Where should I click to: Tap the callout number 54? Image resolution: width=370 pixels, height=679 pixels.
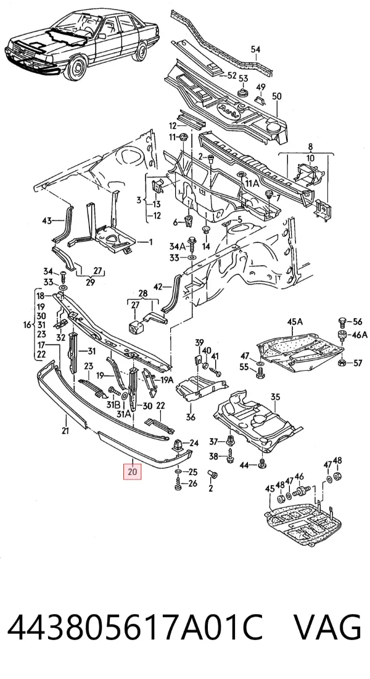[x=255, y=49]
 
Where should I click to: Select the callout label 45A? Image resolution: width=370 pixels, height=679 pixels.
[x=295, y=322]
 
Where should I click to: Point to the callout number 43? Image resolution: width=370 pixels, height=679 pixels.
[x=47, y=221]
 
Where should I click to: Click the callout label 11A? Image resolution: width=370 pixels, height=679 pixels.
[x=252, y=183]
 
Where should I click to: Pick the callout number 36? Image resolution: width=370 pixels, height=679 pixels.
[x=191, y=417]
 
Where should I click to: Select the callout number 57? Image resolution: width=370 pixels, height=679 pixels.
[x=357, y=363]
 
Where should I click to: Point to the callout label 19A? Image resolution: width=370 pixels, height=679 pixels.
[x=167, y=380]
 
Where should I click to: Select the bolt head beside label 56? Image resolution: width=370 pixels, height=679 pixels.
[x=342, y=321]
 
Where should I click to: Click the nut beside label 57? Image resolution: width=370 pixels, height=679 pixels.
[x=342, y=363]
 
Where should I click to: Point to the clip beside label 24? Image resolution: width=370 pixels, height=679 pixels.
[x=177, y=444]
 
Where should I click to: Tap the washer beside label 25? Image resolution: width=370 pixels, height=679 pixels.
[x=178, y=471]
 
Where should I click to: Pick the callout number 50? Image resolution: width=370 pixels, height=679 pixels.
[x=277, y=96]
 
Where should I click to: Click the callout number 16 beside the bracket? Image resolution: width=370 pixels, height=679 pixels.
[x=27, y=325]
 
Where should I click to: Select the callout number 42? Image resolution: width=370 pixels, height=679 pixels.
[x=158, y=286]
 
